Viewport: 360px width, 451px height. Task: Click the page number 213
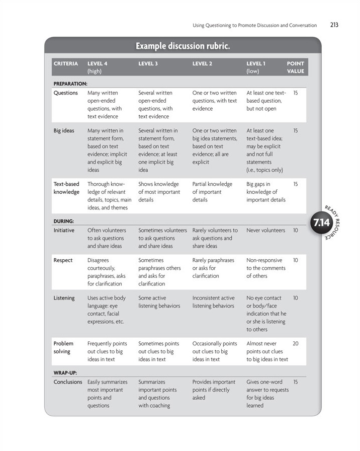(x=334, y=25)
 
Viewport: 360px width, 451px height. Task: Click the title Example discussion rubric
(x=183, y=46)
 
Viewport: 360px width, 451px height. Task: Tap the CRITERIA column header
(x=66, y=64)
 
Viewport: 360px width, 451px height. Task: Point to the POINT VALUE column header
(x=295, y=67)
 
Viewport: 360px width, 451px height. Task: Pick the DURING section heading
(x=64, y=220)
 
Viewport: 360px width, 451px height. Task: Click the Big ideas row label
(x=64, y=131)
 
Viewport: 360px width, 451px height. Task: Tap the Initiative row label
(x=64, y=231)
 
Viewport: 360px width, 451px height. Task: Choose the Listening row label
(x=64, y=298)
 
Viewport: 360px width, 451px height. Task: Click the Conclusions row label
(x=68, y=382)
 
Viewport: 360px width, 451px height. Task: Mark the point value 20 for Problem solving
(x=295, y=344)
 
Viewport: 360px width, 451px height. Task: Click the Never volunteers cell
(x=265, y=231)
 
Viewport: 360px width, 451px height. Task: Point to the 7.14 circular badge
(x=321, y=222)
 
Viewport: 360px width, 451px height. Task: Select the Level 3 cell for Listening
(x=159, y=302)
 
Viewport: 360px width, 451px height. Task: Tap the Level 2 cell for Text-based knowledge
(x=212, y=192)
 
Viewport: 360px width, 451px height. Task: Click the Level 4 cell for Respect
(x=107, y=272)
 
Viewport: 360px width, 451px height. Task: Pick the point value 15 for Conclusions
(x=295, y=382)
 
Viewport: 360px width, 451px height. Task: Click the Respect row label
(x=63, y=261)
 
